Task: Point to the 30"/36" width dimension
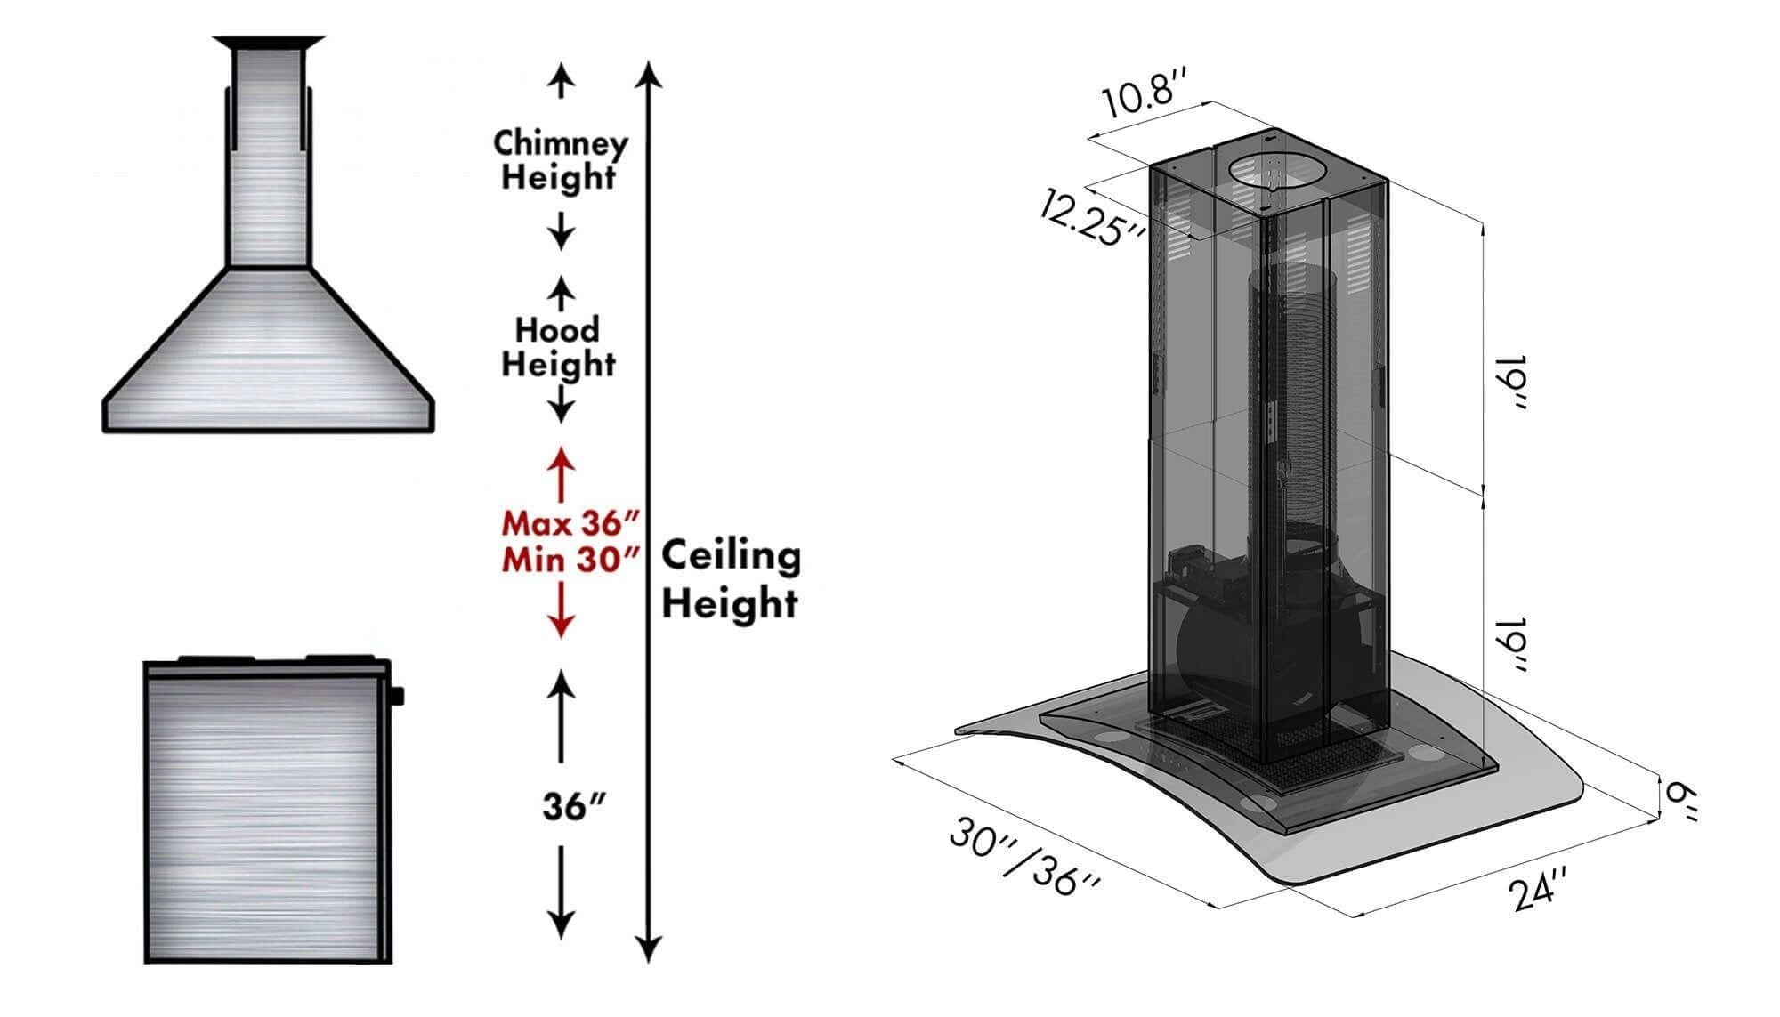pyautogui.click(x=1024, y=857)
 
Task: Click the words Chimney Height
pyautogui.click(x=560, y=159)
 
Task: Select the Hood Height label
pyautogui.click(x=558, y=347)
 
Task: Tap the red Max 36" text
pyautogui.click(x=570, y=522)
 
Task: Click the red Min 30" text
pyautogui.click(x=570, y=561)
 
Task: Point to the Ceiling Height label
pyautogui.click(x=730, y=579)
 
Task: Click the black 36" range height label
pyautogui.click(x=574, y=807)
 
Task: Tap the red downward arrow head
pyautogui.click(x=561, y=626)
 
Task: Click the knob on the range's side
pyautogui.click(x=396, y=695)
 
